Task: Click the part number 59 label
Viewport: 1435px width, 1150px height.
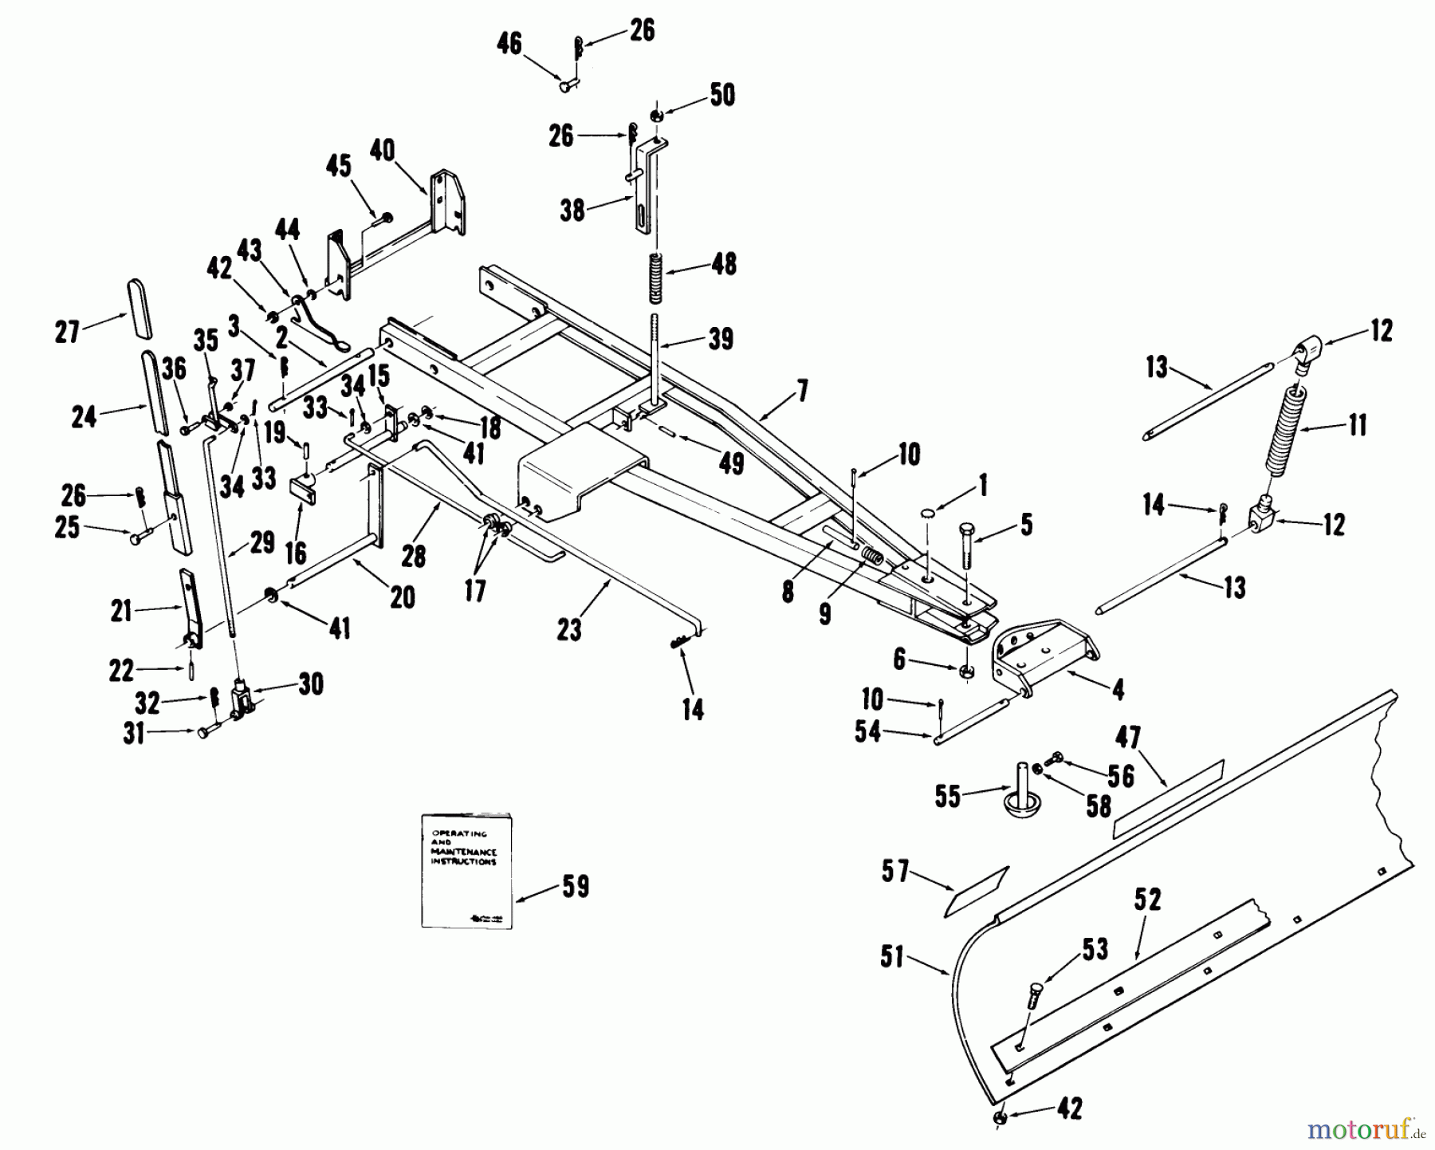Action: click(x=575, y=887)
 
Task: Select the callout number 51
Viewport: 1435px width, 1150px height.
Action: click(x=892, y=956)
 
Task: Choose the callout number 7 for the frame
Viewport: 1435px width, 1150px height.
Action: click(x=801, y=391)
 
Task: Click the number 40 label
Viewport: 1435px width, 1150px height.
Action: click(x=383, y=150)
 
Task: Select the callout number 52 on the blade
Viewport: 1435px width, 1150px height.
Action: click(x=1147, y=900)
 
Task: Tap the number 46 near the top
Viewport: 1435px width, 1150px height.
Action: click(x=509, y=43)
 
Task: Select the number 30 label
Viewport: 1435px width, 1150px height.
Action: click(x=311, y=684)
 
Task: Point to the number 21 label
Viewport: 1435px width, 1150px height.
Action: click(x=122, y=611)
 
